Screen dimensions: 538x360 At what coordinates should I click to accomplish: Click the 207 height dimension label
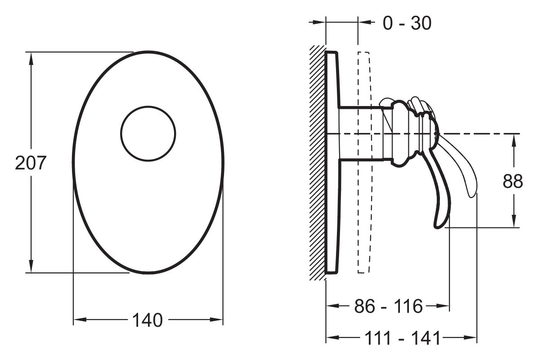pyautogui.click(x=31, y=163)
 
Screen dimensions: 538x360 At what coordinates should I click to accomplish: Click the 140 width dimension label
pyautogui.click(x=148, y=320)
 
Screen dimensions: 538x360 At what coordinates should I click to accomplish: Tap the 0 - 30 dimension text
pyautogui.click(x=407, y=23)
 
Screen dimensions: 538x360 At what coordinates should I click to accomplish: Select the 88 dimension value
pyautogui.click(x=513, y=182)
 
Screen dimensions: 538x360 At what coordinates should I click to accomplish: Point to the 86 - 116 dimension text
pyautogui.click(x=388, y=306)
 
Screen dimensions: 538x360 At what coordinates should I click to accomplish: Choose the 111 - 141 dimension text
pyautogui.click(x=402, y=338)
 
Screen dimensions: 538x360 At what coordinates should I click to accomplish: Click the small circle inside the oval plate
pyautogui.click(x=148, y=133)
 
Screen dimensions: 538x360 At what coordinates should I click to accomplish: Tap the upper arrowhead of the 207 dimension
pyautogui.click(x=31, y=58)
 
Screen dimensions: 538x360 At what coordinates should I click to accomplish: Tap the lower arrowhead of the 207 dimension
pyautogui.click(x=31, y=267)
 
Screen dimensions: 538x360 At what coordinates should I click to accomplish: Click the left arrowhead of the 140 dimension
pyautogui.click(x=80, y=320)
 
